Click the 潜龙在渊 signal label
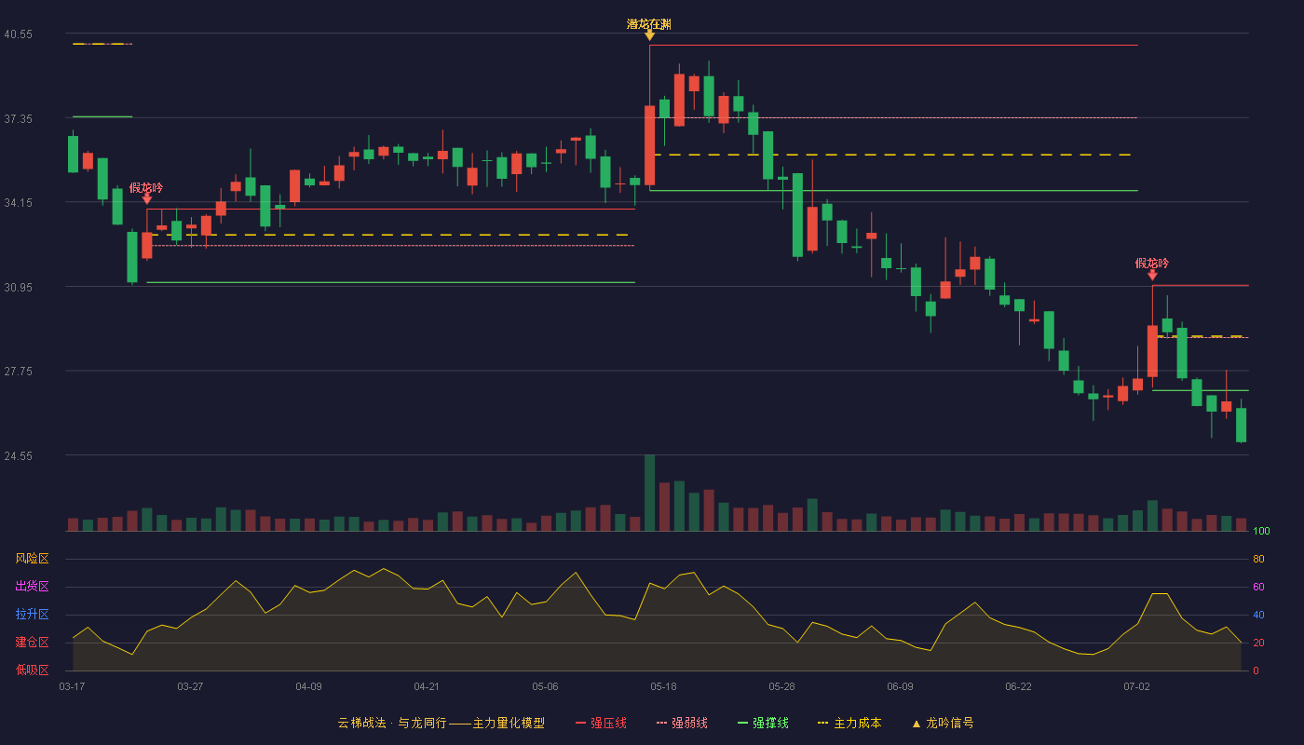(x=649, y=24)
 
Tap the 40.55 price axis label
(x=18, y=34)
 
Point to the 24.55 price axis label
(x=18, y=455)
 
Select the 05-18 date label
(x=663, y=687)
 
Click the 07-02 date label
(x=1136, y=687)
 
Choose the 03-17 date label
(x=73, y=687)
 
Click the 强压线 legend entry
(x=601, y=723)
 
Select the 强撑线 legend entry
(x=763, y=723)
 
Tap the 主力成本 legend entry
(x=849, y=723)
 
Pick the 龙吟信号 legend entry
(x=943, y=723)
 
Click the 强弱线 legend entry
(x=682, y=723)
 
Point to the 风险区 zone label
(x=32, y=558)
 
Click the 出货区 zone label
(x=32, y=586)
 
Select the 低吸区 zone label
(x=32, y=670)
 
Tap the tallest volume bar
(x=650, y=493)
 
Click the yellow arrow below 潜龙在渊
(x=650, y=36)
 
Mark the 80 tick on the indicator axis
(x=1258, y=559)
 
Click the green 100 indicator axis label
(x=1261, y=531)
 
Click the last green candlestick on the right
(x=1241, y=425)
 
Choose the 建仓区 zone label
(x=32, y=642)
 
